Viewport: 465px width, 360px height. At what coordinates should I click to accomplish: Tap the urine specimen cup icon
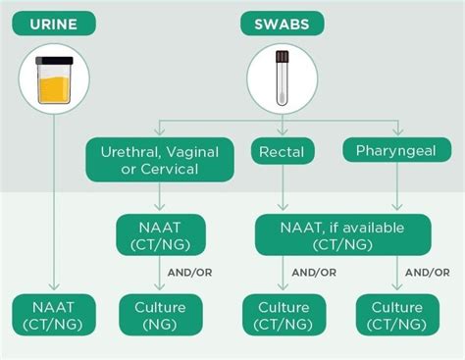(x=52, y=80)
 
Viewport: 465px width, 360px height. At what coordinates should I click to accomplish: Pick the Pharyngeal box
(x=397, y=151)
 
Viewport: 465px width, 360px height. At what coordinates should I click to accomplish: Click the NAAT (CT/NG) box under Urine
(x=52, y=314)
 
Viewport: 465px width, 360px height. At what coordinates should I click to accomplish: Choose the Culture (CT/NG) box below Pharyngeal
(x=397, y=314)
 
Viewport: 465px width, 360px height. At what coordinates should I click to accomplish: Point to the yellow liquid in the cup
(x=52, y=91)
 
